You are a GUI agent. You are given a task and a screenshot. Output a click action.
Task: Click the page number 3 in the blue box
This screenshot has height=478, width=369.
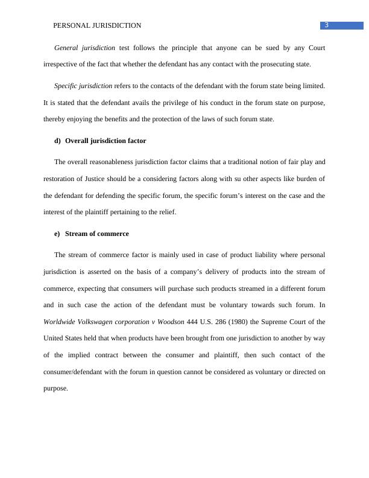[326, 25]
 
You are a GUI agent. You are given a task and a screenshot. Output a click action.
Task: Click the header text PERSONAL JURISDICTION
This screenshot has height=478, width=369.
[97, 25]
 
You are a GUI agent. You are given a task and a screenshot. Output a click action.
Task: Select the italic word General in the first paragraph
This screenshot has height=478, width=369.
[66, 47]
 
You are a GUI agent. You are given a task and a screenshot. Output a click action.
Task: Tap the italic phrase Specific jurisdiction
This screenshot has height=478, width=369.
[83, 86]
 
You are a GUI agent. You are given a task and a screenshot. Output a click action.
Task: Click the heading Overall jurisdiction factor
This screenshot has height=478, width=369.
[106, 141]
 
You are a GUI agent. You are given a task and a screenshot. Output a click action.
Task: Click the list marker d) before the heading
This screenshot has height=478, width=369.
[58, 141]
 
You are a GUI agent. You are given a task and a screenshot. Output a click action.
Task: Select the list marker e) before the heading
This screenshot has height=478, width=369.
[58, 234]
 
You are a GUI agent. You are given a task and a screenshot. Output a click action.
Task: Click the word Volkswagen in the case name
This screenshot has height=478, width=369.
[95, 322]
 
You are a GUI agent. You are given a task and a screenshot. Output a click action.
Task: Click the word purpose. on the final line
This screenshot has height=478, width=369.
[55, 389]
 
